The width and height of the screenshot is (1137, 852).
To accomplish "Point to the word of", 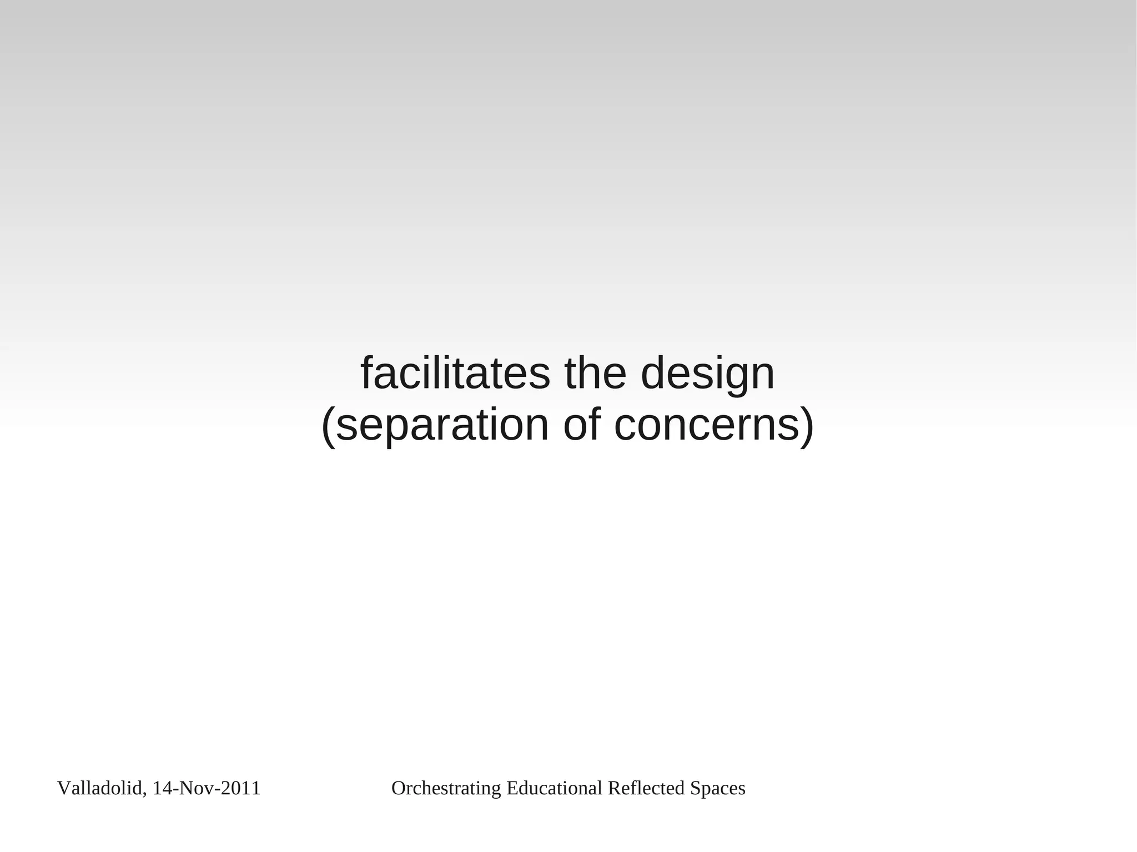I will point(582,425).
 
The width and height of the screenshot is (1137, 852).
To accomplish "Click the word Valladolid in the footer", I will point(99,788).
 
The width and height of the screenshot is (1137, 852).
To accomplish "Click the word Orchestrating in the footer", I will point(446,788).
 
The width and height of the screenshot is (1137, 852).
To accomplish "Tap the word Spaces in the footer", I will point(717,788).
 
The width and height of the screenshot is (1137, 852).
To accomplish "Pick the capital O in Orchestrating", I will point(398,788).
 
